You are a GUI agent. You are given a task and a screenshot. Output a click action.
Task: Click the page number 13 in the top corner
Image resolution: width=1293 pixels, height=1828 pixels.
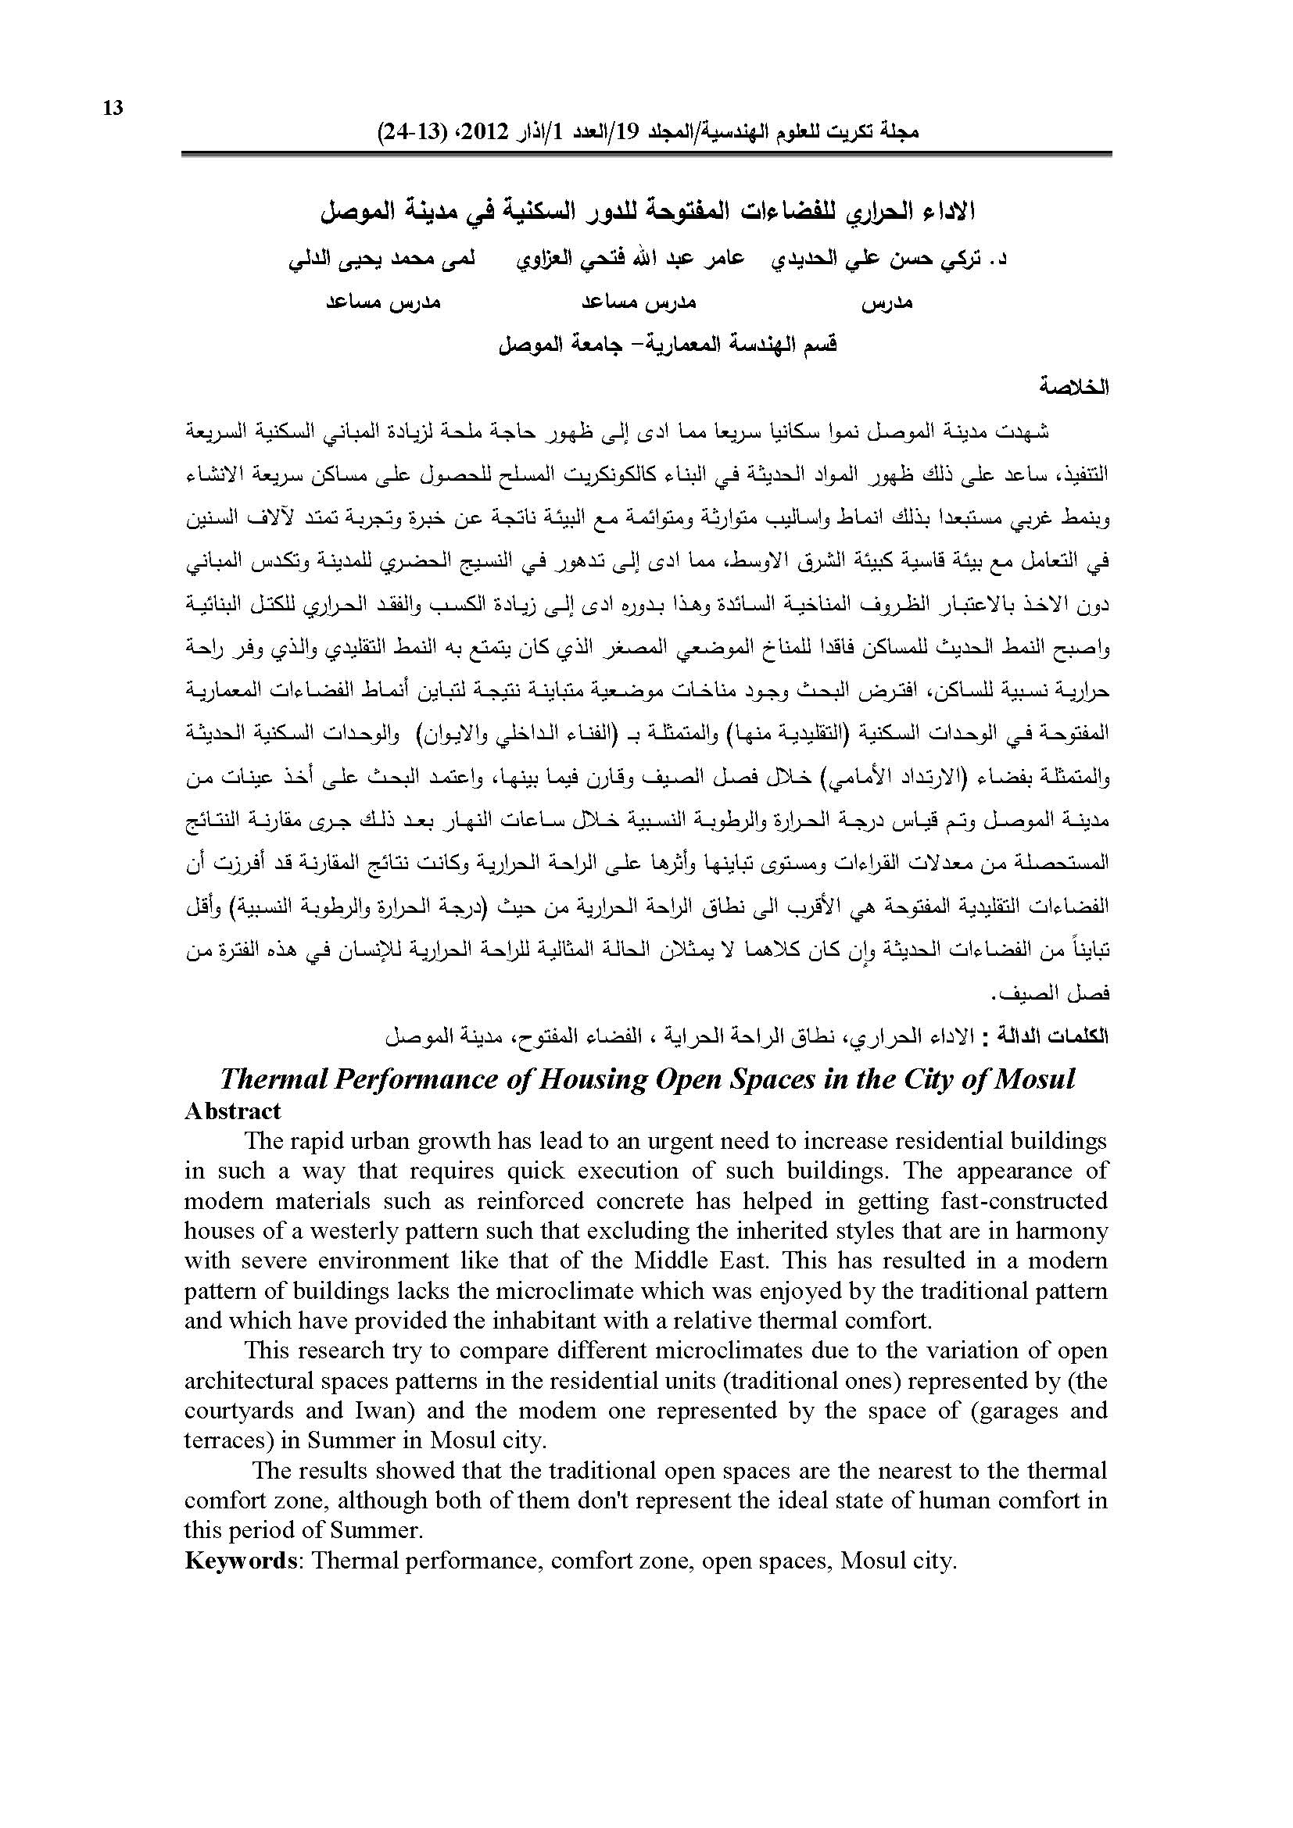(x=113, y=108)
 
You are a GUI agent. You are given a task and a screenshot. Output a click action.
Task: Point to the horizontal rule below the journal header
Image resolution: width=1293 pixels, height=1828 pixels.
(x=646, y=154)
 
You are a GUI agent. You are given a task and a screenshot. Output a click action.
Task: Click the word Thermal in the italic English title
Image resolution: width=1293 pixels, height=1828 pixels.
(x=270, y=1079)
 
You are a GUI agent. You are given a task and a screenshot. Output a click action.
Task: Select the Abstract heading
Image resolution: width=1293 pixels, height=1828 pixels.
(x=232, y=1111)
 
